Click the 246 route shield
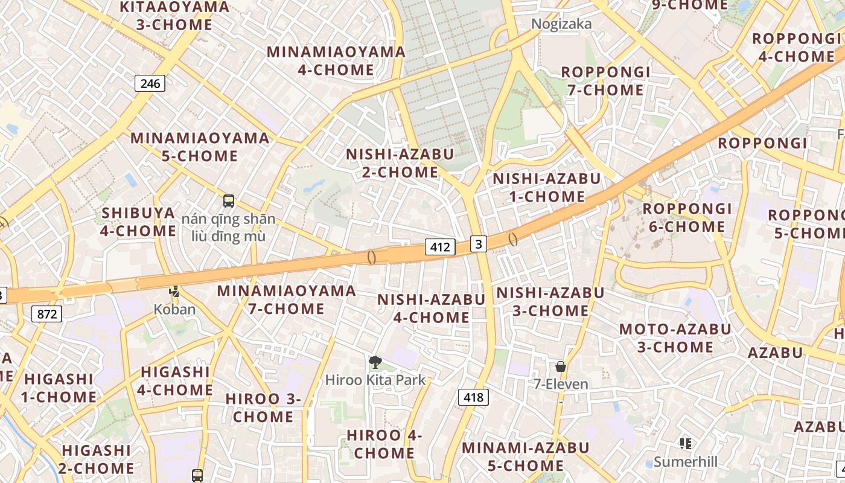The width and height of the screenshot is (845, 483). tap(150, 83)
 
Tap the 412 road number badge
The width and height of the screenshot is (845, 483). tap(440, 246)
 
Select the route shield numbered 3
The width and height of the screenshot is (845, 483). tap(479, 244)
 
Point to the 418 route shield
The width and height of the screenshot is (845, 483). tap(473, 397)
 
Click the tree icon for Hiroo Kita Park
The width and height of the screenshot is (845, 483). tap(375, 362)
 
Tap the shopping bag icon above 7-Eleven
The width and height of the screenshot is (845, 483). tap(561, 366)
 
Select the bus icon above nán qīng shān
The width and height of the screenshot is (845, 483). tap(228, 201)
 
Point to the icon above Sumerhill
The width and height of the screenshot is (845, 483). tap(686, 444)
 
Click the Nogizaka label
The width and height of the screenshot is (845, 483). tap(561, 24)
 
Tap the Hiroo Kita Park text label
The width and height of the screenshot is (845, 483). tap(375, 380)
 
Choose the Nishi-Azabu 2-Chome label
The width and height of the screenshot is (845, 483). tap(400, 163)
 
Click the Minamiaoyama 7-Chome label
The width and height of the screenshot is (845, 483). tap(287, 299)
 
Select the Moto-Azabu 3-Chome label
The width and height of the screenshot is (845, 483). tap(675, 338)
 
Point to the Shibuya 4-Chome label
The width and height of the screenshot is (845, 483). tap(138, 222)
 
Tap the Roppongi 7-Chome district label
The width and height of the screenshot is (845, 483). tap(606, 81)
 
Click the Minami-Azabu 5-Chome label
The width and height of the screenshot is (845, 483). tap(526, 456)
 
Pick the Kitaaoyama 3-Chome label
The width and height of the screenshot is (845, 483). tap(174, 16)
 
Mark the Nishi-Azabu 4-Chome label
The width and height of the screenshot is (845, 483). tap(432, 308)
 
